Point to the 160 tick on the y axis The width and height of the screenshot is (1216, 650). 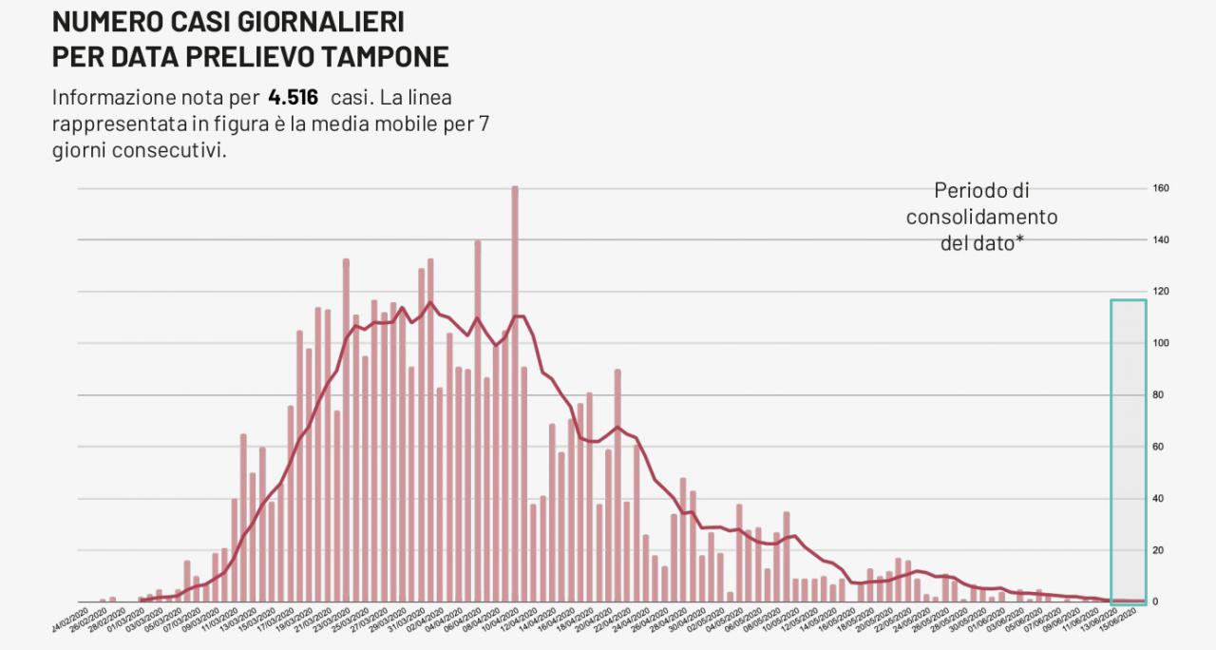click(1161, 188)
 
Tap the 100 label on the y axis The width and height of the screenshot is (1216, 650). click(1161, 343)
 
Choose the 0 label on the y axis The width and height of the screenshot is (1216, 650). click(1156, 602)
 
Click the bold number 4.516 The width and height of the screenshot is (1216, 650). click(294, 97)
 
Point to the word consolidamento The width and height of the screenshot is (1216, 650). click(981, 217)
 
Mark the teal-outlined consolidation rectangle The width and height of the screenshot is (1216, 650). click(1129, 450)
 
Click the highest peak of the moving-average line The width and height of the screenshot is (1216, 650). click(429, 302)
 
